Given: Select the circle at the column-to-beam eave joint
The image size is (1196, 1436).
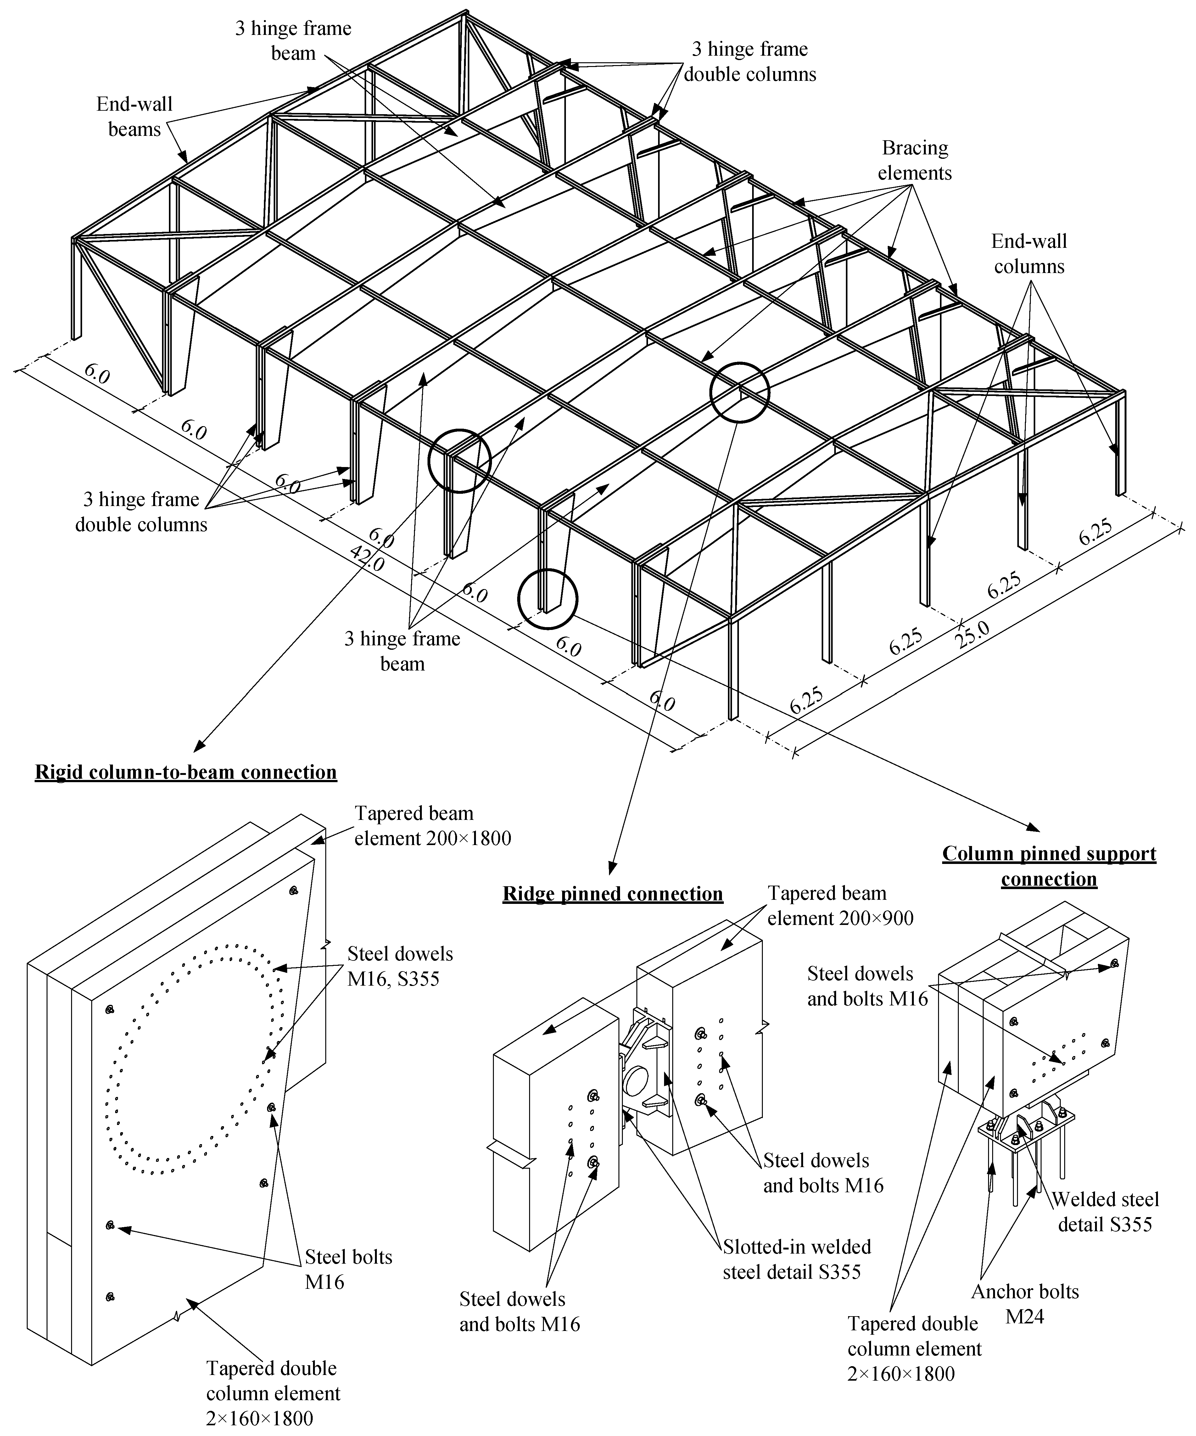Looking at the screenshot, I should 460,460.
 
